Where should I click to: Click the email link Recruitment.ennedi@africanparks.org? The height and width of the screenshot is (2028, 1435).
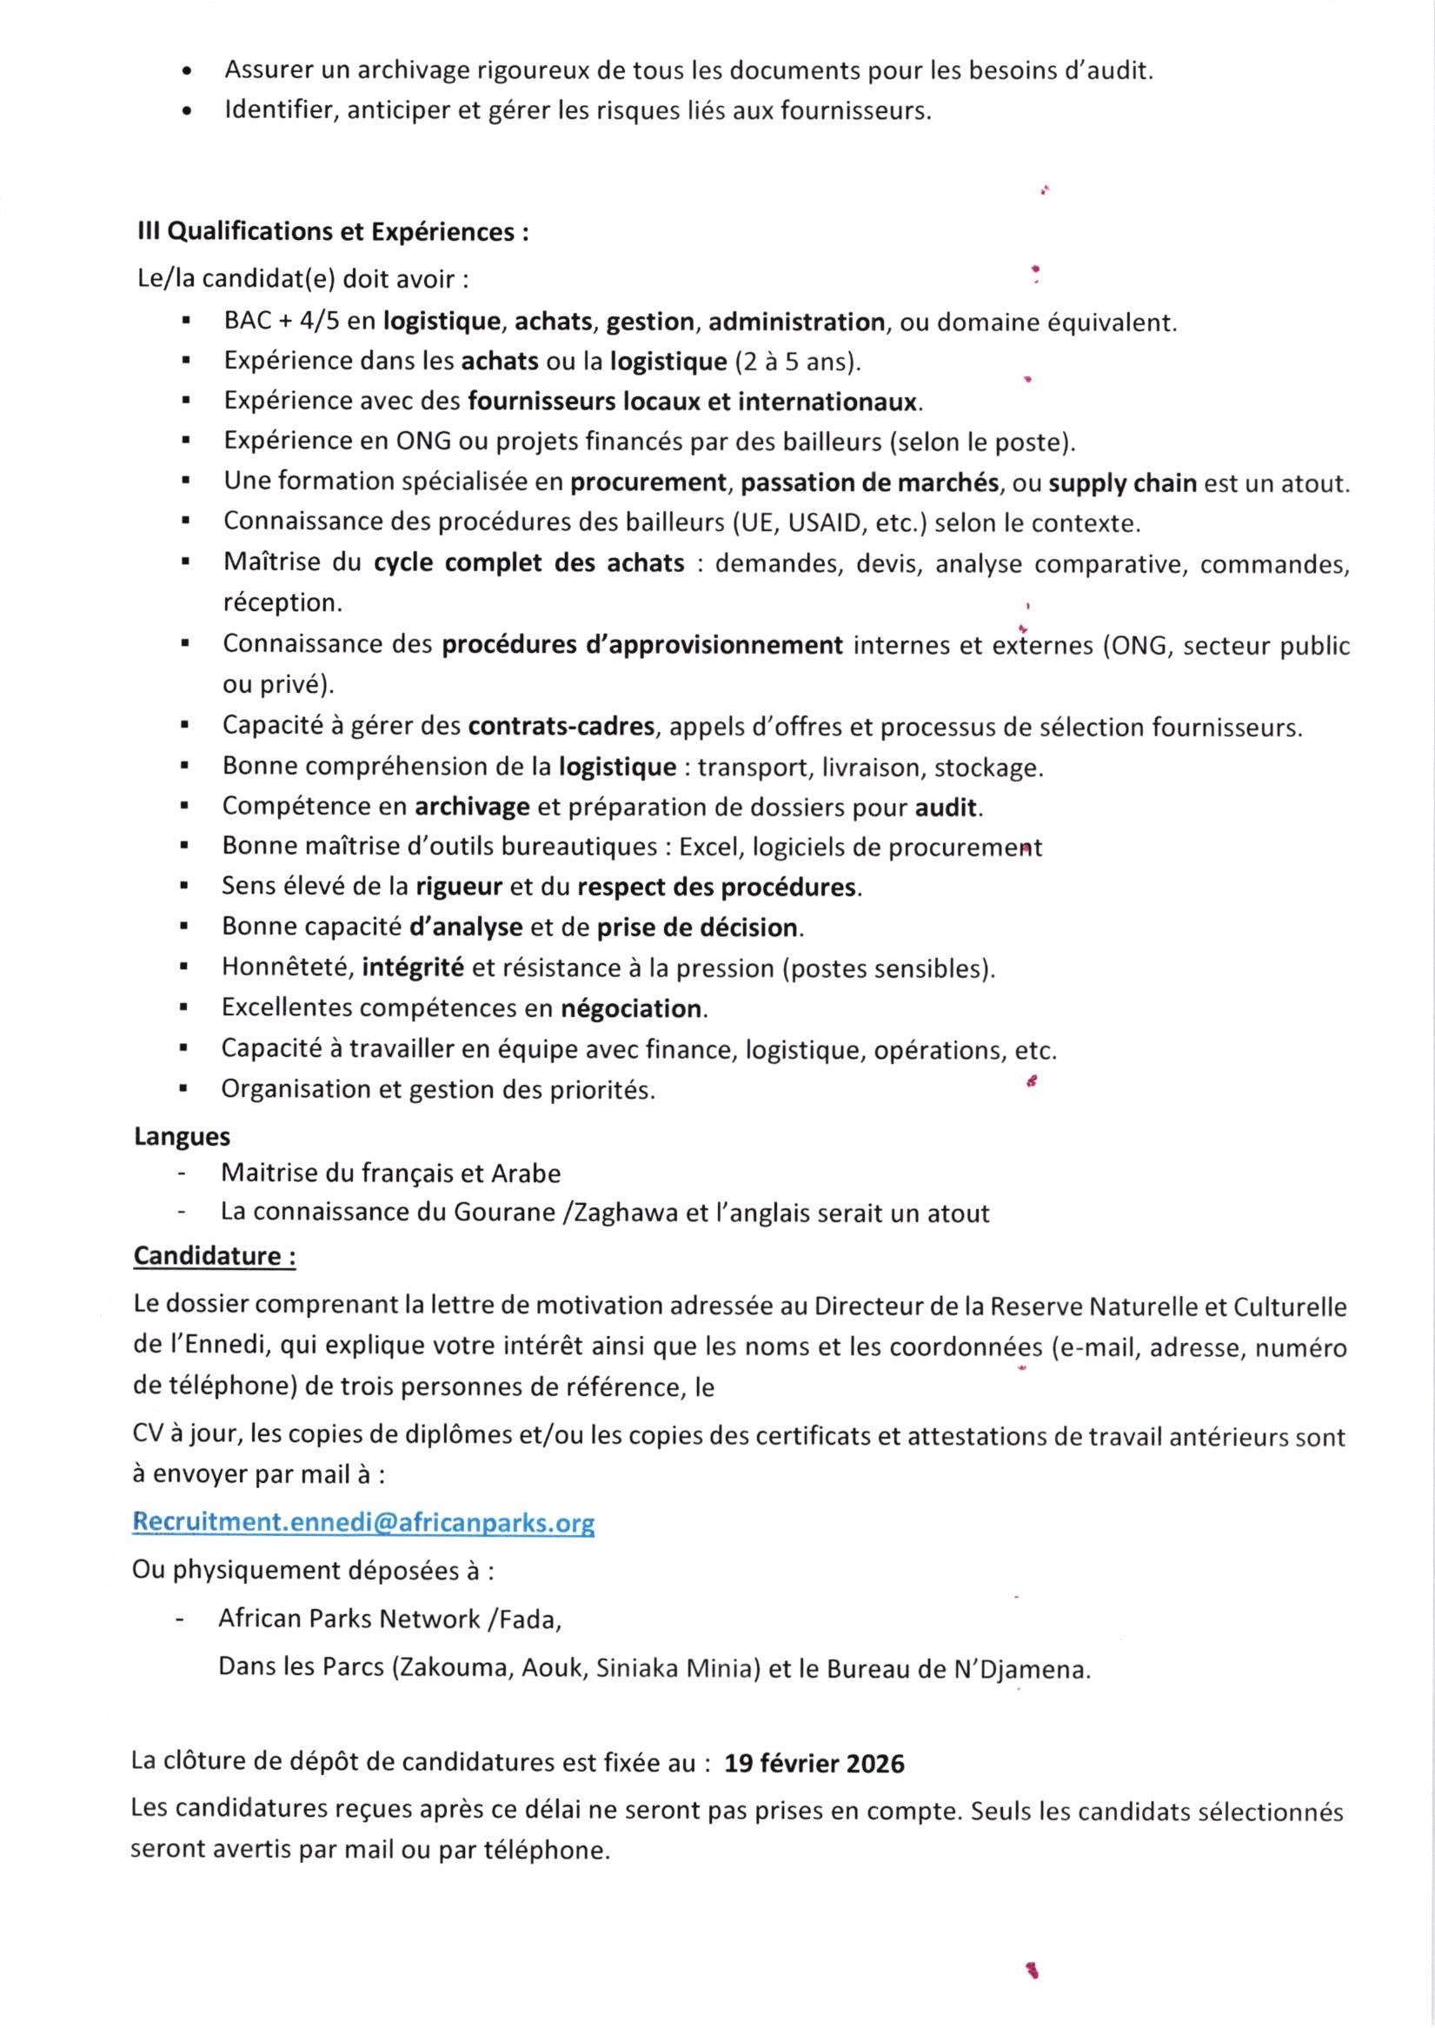point(363,1523)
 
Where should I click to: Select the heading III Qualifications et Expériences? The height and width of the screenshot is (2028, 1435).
point(332,231)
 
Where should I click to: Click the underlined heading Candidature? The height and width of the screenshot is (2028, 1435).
point(215,1256)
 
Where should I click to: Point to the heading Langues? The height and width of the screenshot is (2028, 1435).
point(182,1136)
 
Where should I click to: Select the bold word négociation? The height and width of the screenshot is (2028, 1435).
point(632,1008)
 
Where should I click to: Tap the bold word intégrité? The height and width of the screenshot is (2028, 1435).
point(413,968)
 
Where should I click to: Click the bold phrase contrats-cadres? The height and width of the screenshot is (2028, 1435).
point(561,727)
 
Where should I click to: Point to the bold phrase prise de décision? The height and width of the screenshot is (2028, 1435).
point(698,928)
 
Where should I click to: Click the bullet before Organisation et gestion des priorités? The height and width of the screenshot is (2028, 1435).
point(184,1089)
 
